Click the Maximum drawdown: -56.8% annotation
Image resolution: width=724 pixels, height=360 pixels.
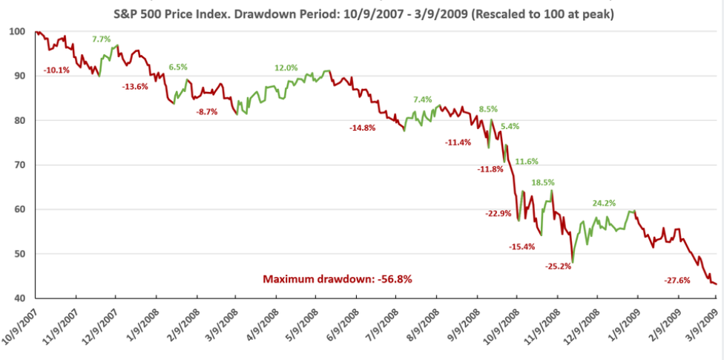coord(338,279)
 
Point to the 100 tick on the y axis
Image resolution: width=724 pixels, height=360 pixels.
coord(16,32)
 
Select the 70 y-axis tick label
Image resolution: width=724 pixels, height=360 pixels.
coord(18,165)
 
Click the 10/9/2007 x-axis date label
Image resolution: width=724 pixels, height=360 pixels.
coord(20,327)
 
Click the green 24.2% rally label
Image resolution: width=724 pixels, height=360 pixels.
coord(605,203)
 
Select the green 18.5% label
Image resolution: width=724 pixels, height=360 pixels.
coord(543,183)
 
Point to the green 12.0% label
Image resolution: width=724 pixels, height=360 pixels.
coord(286,68)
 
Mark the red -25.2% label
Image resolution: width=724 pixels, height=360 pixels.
coord(558,266)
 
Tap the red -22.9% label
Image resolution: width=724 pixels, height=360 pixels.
coord(498,214)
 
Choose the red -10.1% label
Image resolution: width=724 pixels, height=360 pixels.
coord(57,70)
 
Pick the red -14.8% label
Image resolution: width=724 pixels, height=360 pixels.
coord(363,128)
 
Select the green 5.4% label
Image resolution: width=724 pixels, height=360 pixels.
coord(510,126)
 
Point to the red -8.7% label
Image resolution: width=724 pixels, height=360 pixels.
coord(207,111)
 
